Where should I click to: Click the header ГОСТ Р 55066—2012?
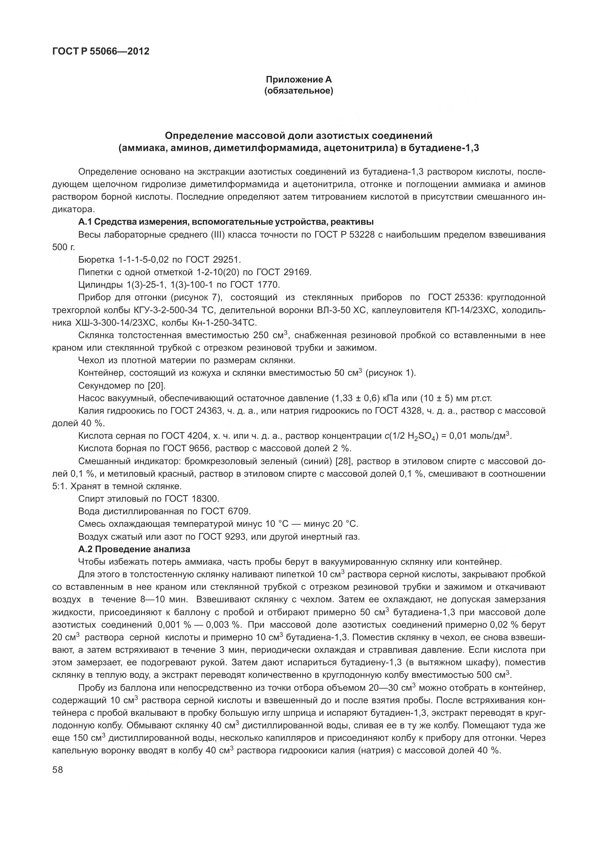(101, 51)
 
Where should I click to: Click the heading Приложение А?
(299, 79)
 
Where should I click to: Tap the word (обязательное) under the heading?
(299, 91)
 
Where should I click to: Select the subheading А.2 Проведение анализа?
(134, 549)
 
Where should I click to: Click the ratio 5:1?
(59, 486)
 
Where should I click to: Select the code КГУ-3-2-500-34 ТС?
(156, 310)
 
